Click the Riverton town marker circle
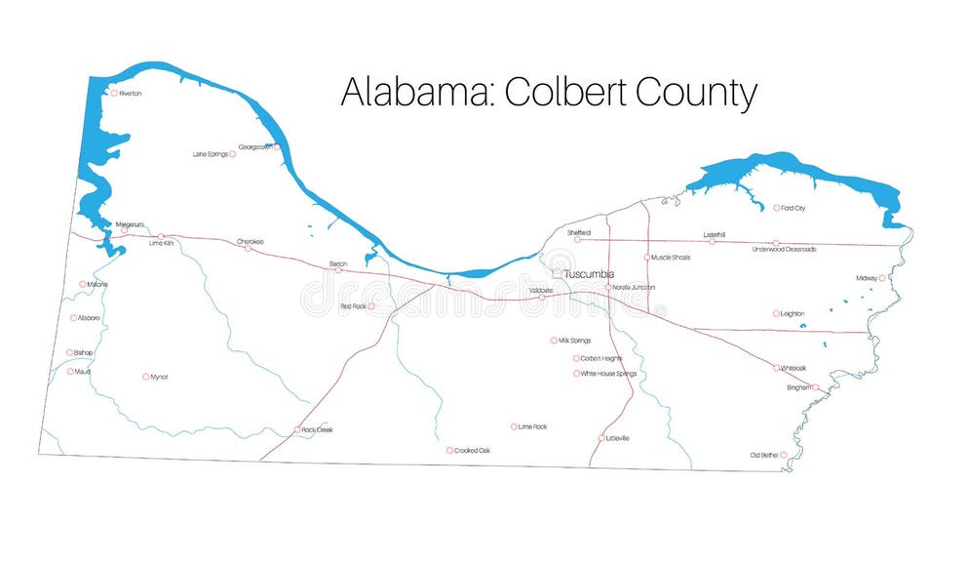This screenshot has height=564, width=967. pyautogui.click(x=114, y=94)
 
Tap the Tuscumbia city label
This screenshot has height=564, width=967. pyautogui.click(x=588, y=274)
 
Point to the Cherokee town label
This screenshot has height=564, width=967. pyautogui.click(x=250, y=241)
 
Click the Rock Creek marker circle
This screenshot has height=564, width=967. pyautogui.click(x=297, y=429)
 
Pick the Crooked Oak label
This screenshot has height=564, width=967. pyautogui.click(x=472, y=451)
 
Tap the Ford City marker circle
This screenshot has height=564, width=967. pyautogui.click(x=777, y=208)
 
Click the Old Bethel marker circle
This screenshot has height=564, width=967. pyautogui.click(x=783, y=455)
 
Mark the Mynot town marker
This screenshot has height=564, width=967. pyautogui.click(x=146, y=377)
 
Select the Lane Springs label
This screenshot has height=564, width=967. pyautogui.click(x=210, y=154)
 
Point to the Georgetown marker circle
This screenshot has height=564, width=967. pyautogui.click(x=277, y=147)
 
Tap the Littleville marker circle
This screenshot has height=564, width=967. pyautogui.click(x=601, y=438)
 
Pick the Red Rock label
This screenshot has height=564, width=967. pyautogui.click(x=352, y=306)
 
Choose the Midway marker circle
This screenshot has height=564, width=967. pyautogui.click(x=882, y=278)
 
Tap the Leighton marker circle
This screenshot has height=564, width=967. pyautogui.click(x=776, y=314)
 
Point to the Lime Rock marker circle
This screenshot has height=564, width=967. pyautogui.click(x=514, y=426)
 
